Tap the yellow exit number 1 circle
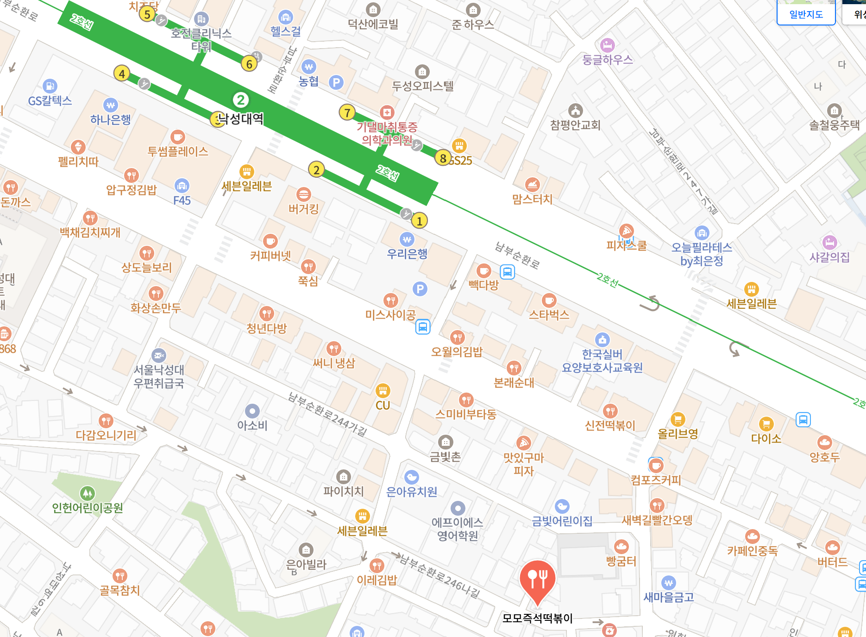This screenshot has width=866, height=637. click(x=420, y=221)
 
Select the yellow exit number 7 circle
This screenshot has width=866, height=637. click(x=347, y=112)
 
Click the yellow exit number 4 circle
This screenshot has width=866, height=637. click(x=122, y=74)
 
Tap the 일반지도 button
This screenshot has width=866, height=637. click(x=806, y=14)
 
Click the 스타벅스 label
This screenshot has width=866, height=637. click(x=549, y=315)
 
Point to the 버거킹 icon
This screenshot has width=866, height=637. click(x=304, y=194)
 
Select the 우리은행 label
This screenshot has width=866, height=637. click(x=407, y=254)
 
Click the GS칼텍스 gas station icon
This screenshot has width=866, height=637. click(x=50, y=86)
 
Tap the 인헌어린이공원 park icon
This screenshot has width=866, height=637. click(x=88, y=493)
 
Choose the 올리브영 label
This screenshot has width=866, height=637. click(x=678, y=434)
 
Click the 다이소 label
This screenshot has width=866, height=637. click(x=766, y=439)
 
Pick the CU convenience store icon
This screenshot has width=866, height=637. click(x=383, y=391)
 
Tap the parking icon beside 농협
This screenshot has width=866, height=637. click(x=336, y=83)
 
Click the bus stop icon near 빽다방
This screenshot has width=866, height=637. click(x=508, y=272)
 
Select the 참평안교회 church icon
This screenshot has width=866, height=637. click(x=575, y=111)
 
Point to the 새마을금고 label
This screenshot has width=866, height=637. click(x=668, y=598)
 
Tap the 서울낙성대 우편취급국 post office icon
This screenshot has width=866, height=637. click(x=159, y=356)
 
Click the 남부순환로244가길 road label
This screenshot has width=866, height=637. click(x=327, y=415)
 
